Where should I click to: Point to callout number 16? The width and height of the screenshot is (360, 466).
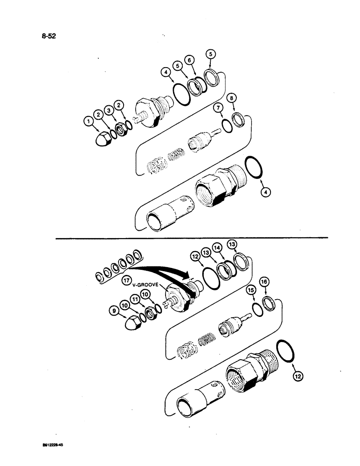pyautogui.click(x=264, y=281)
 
